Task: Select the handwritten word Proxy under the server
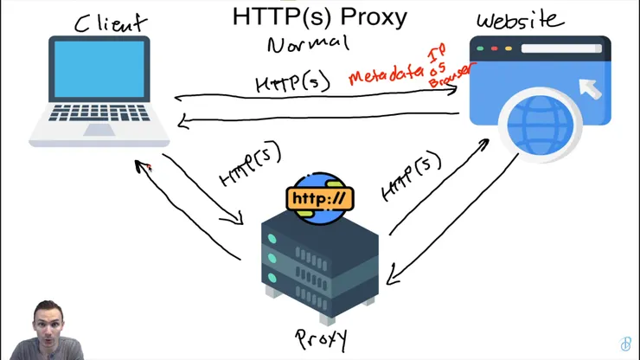(321, 337)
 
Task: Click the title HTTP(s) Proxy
(319, 16)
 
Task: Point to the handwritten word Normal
(308, 43)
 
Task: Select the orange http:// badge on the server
(319, 198)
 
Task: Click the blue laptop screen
(99, 69)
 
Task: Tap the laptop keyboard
(99, 113)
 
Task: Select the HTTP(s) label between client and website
(292, 82)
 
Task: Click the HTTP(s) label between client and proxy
(251, 165)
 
